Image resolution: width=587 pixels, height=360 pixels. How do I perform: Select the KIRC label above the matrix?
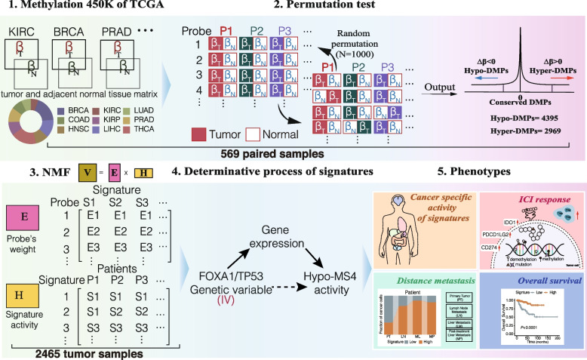pos(27,35)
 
